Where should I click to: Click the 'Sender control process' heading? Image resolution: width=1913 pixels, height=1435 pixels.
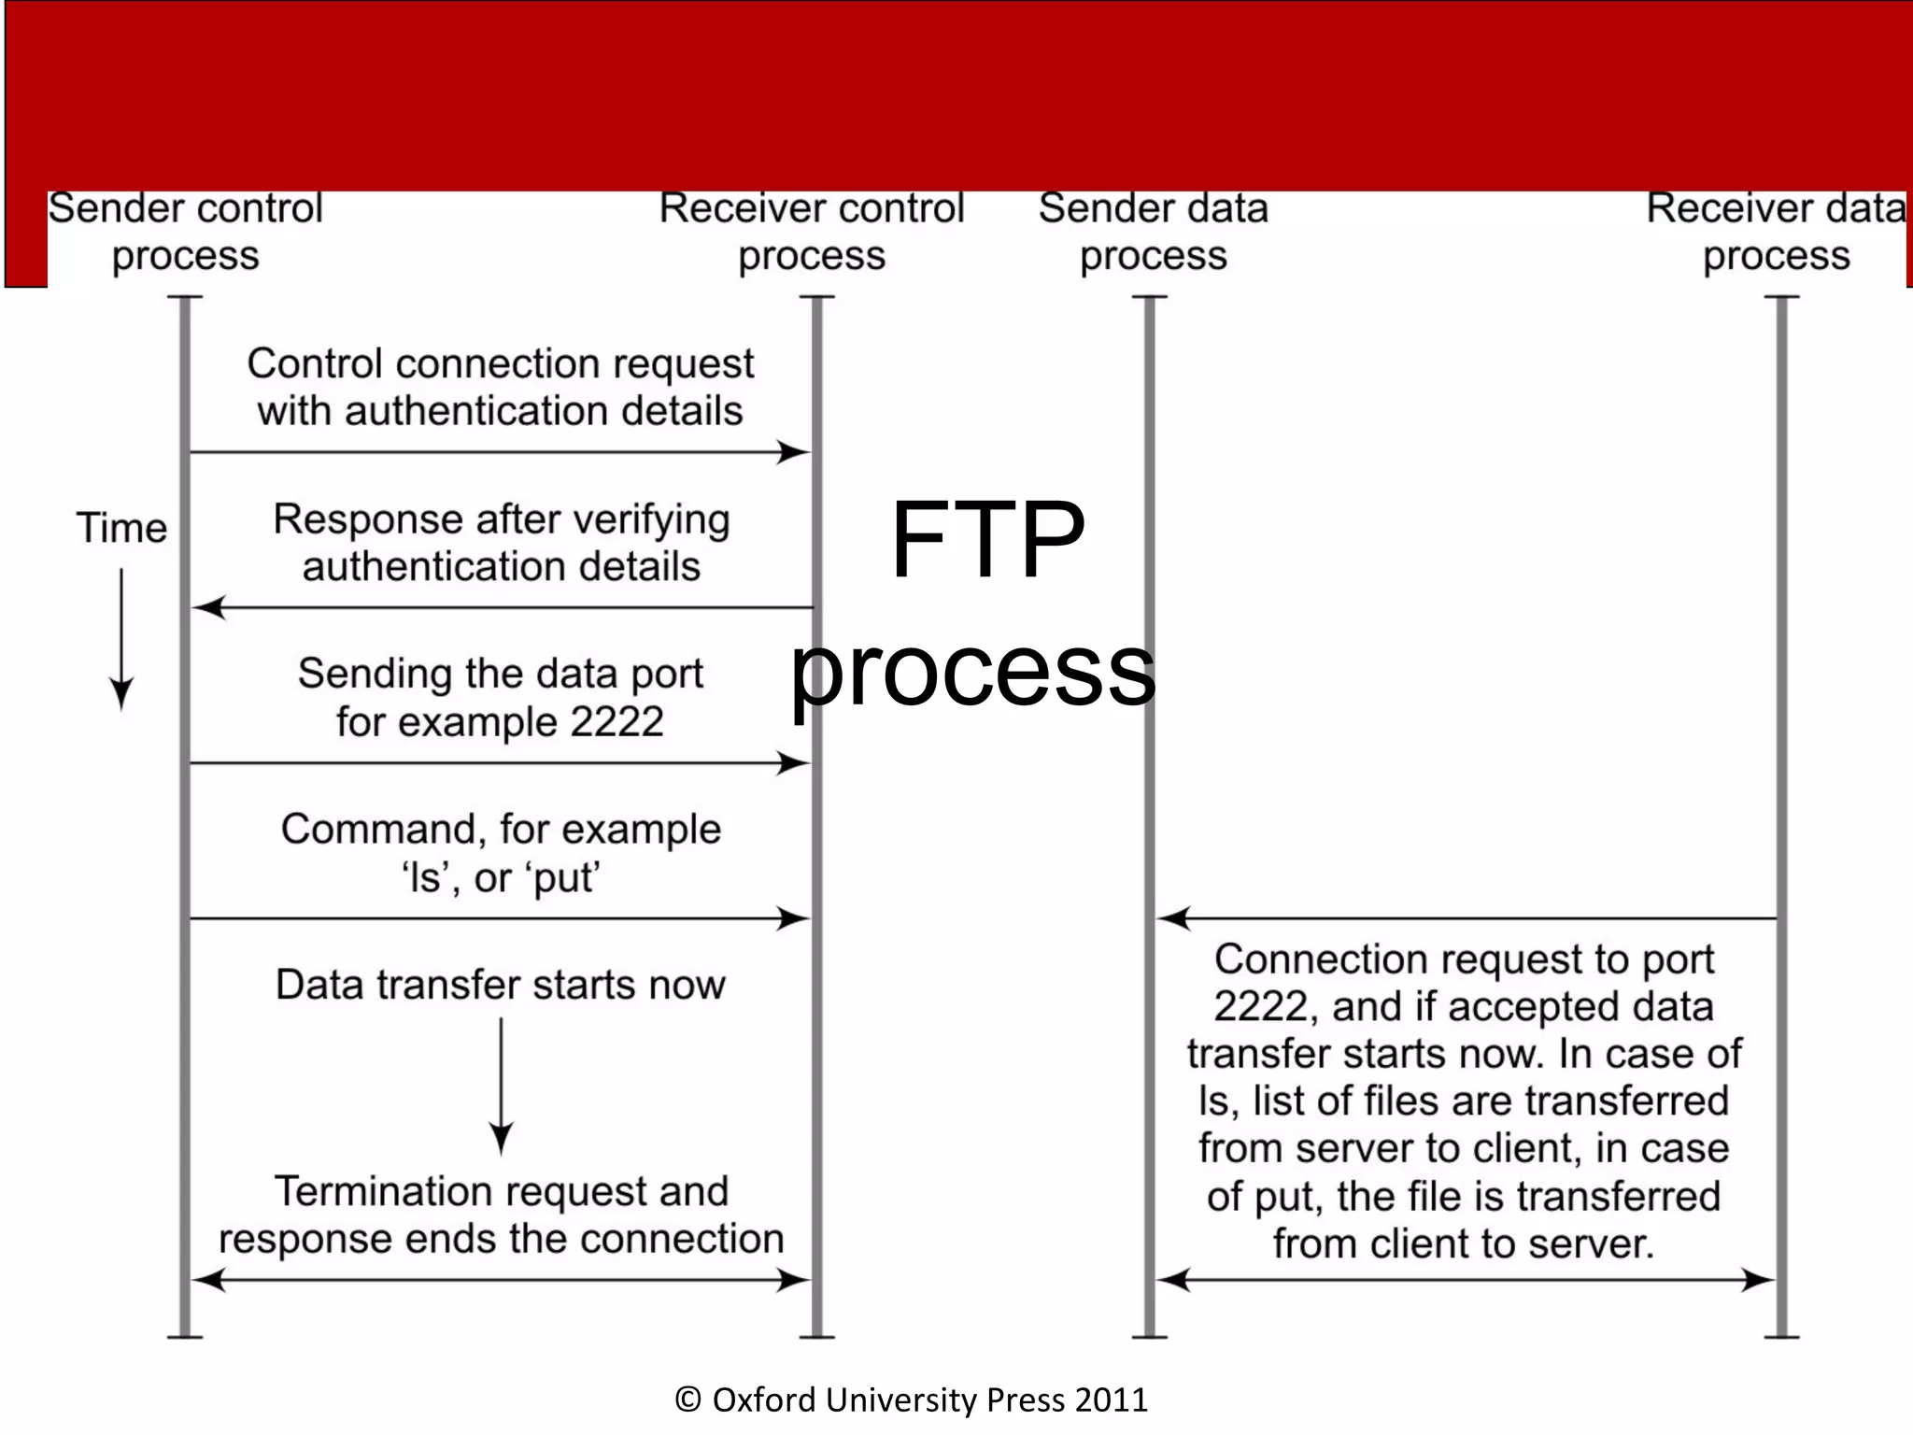pyautogui.click(x=185, y=231)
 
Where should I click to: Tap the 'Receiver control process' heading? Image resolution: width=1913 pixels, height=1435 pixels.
pyautogui.click(x=811, y=231)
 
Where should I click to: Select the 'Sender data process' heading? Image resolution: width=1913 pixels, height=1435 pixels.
pyautogui.click(x=1153, y=231)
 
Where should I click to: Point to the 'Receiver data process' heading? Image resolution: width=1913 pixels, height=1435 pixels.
pyautogui.click(x=1775, y=231)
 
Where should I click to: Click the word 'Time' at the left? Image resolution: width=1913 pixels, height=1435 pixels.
pyautogui.click(x=121, y=528)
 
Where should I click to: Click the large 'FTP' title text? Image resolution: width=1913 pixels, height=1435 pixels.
pyautogui.click(x=987, y=539)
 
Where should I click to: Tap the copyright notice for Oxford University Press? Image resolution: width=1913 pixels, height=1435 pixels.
pyautogui.click(x=911, y=1399)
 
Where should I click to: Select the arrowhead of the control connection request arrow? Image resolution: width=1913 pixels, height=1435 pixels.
pyautogui.click(x=796, y=453)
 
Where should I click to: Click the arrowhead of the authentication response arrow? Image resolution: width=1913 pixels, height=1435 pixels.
pyautogui.click(x=207, y=608)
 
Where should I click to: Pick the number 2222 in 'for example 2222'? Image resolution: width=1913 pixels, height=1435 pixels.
pyautogui.click(x=616, y=722)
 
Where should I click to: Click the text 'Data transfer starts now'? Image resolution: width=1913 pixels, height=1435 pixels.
pyautogui.click(x=501, y=985)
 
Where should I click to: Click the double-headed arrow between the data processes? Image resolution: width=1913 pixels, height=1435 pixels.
pyautogui.click(x=1465, y=1280)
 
